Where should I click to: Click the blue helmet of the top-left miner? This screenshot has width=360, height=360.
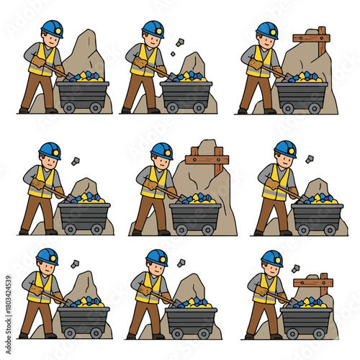[x=51, y=28]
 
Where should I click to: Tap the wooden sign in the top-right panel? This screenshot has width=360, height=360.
[x=312, y=37]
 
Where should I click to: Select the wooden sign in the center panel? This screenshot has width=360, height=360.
[x=207, y=156]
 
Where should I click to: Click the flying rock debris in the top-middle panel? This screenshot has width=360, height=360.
[x=178, y=45]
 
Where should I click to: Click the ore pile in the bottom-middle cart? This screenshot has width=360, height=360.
[x=189, y=303]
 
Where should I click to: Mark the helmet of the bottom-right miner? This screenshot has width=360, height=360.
[x=271, y=258]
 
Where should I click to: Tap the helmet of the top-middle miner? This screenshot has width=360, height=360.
[x=153, y=28]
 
